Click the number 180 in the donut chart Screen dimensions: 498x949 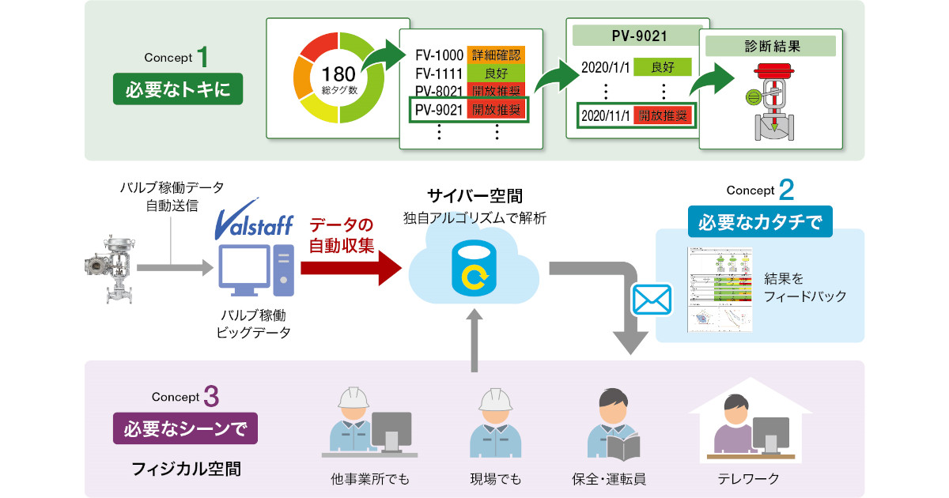[x=338, y=74]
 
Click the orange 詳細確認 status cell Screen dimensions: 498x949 [x=496, y=55]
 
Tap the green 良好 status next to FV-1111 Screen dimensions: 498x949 [x=496, y=74]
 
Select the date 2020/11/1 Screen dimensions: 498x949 [x=606, y=115]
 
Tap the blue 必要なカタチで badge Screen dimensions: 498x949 [x=760, y=221]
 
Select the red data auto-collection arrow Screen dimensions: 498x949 [x=352, y=269]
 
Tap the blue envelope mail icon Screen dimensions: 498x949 [x=652, y=300]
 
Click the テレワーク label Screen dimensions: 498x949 [x=748, y=478]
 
